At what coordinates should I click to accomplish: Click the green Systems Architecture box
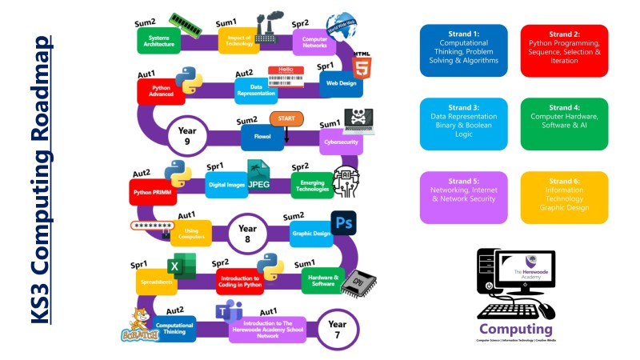point(158,40)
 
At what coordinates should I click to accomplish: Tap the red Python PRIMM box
point(152,192)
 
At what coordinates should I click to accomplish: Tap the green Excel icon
point(182,266)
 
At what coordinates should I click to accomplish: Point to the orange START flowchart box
point(286,119)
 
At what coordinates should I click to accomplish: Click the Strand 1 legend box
point(464,50)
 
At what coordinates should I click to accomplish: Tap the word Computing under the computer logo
point(515,330)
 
